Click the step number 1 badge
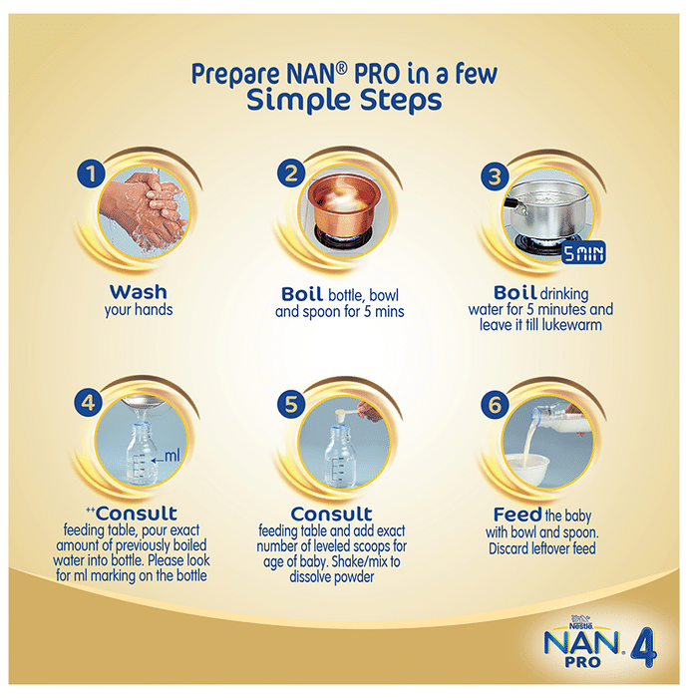[x=91, y=174]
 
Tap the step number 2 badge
[x=291, y=174]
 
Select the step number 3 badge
[x=495, y=176]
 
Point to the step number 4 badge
[x=89, y=403]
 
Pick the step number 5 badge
[x=291, y=404]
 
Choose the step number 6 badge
[x=495, y=404]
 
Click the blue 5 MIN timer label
[x=583, y=253]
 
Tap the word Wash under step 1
[x=139, y=292]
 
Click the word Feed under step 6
[x=517, y=515]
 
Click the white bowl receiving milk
[x=528, y=471]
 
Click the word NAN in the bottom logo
[x=581, y=643]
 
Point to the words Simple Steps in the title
[x=344, y=101]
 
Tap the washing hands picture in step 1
[x=144, y=212]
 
